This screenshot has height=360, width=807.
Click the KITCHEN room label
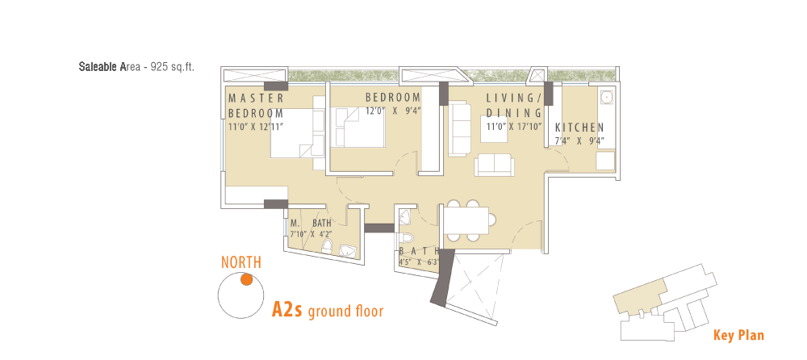point(579,128)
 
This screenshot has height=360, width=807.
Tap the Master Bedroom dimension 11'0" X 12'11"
point(256,125)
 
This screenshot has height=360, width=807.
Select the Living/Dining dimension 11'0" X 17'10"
point(515,125)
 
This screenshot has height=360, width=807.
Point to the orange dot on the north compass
point(246,279)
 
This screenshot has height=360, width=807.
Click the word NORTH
point(241,262)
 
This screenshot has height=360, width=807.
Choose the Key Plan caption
point(738,336)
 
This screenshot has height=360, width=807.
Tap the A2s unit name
point(286,311)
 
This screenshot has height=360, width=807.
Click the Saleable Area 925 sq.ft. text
point(136,67)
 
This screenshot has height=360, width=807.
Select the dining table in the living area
point(466,220)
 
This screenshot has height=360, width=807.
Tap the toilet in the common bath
point(406,238)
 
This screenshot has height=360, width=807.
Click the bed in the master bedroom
point(292,133)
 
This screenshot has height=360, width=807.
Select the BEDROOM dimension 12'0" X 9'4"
point(394,111)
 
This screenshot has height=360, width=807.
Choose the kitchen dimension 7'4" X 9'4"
point(579,140)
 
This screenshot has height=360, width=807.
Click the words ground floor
point(345,312)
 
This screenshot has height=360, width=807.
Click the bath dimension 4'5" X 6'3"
point(419,261)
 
